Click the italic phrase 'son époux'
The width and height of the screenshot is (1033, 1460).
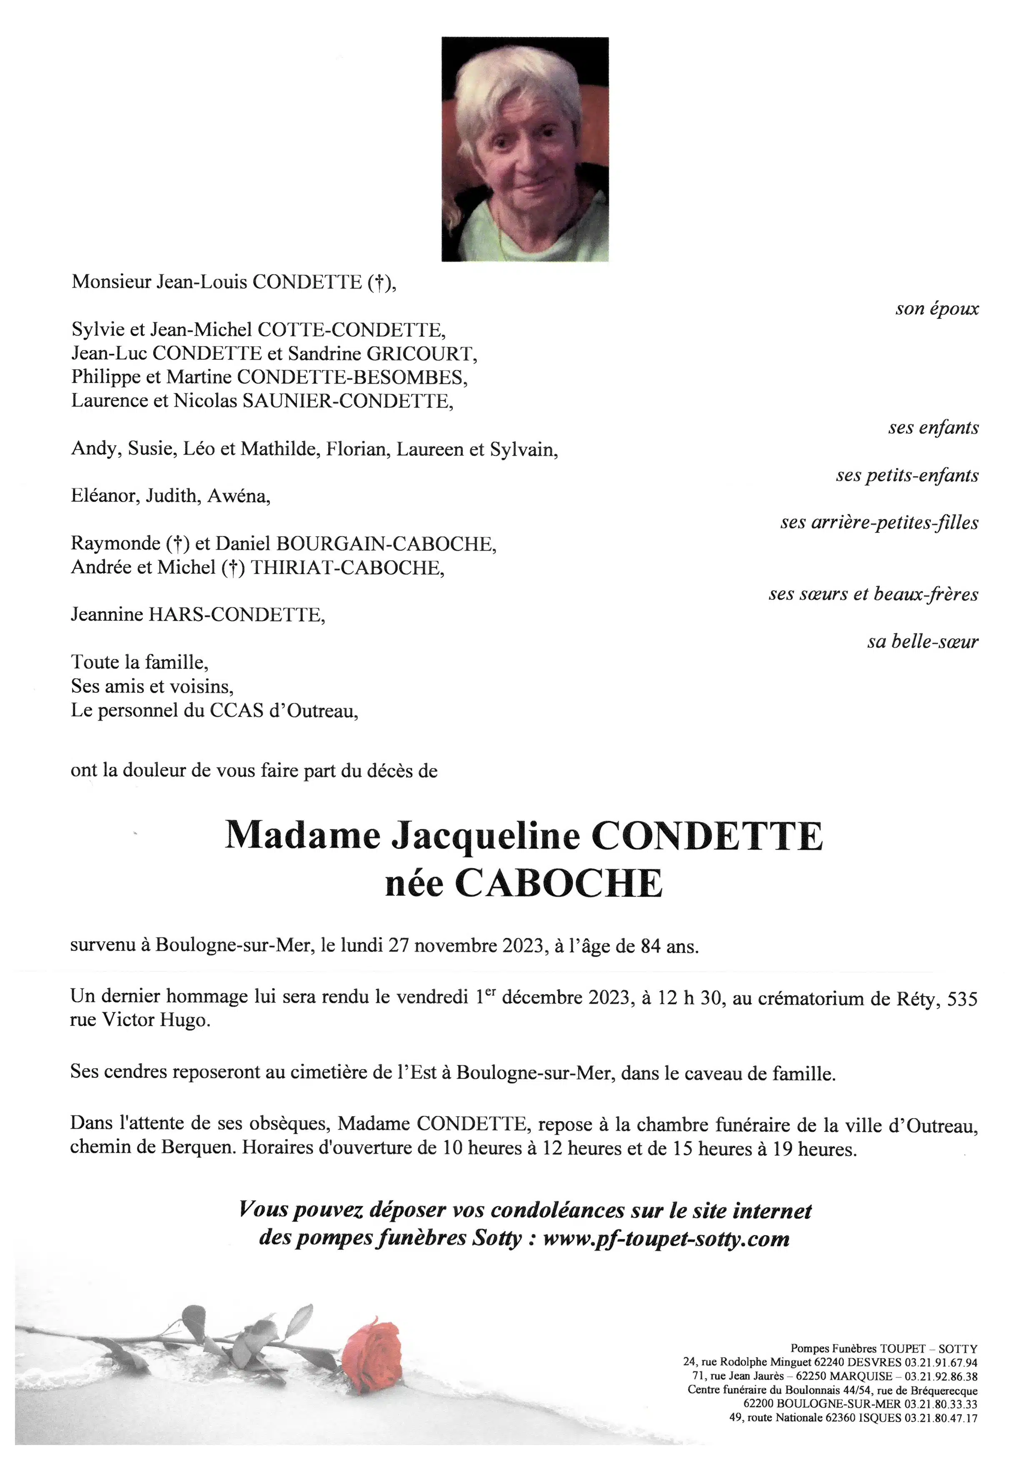tap(936, 309)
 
